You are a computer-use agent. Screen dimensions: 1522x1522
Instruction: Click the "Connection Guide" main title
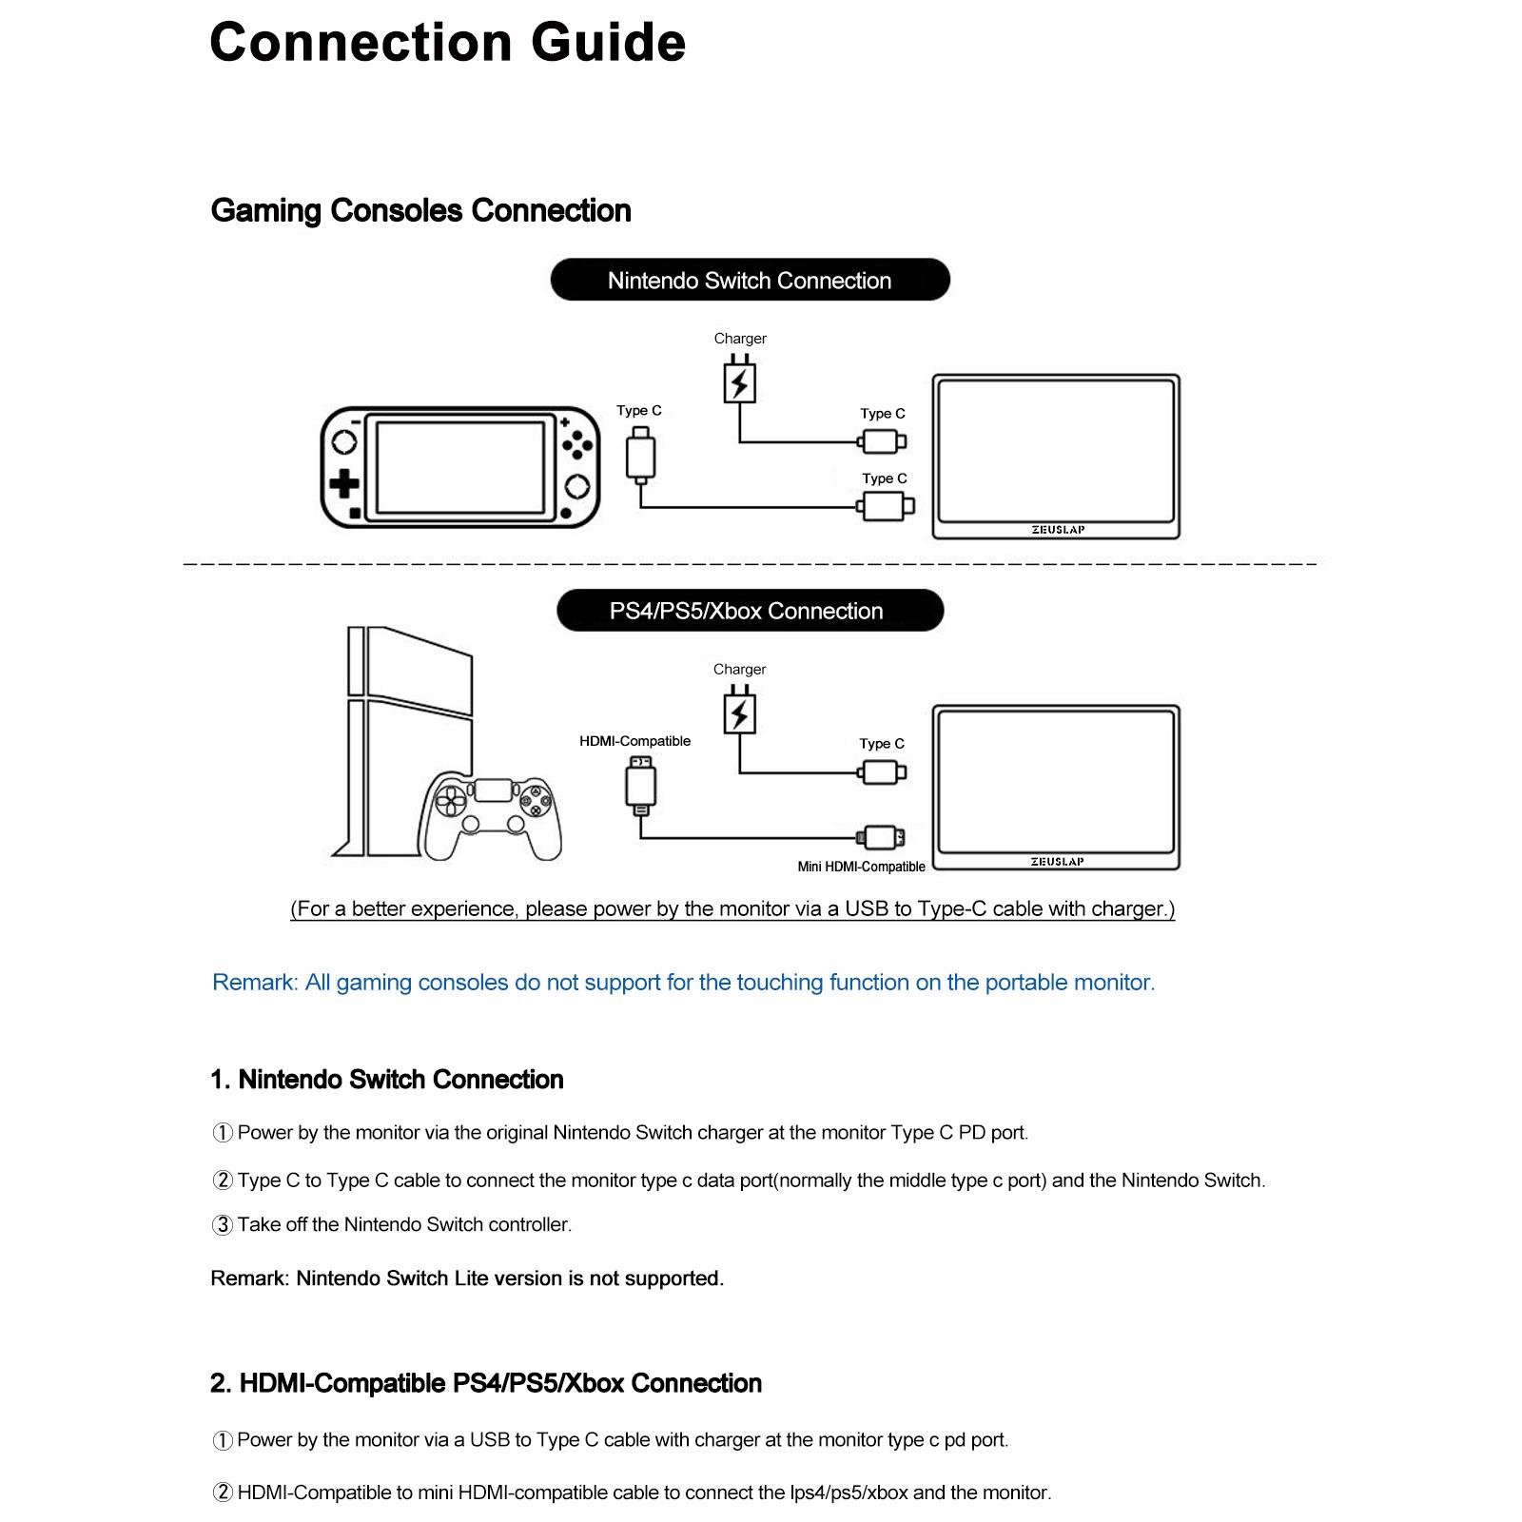point(447,43)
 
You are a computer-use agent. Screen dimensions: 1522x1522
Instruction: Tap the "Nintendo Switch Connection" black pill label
point(750,280)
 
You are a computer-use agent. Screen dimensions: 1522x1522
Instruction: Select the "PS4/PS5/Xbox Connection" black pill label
point(750,611)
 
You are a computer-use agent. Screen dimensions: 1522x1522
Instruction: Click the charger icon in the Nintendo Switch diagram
point(740,380)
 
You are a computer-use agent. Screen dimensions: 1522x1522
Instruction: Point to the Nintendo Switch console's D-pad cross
point(343,484)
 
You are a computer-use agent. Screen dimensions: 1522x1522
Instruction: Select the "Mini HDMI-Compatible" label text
point(861,867)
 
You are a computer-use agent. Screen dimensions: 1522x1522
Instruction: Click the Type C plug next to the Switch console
point(641,455)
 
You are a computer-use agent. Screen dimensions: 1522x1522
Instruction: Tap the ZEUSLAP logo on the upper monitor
point(1058,530)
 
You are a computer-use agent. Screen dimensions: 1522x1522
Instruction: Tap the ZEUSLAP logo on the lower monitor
point(1058,862)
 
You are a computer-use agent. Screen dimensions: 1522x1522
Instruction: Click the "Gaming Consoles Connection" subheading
point(420,210)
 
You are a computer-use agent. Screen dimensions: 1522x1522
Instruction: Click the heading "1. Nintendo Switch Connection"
point(387,1080)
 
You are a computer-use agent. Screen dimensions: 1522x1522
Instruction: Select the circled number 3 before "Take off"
point(222,1225)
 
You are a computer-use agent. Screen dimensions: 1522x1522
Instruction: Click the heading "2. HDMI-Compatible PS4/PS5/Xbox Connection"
point(486,1383)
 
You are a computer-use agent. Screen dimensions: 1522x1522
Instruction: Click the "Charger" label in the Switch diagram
point(740,339)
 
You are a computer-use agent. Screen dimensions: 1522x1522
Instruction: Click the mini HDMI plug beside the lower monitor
point(881,837)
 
